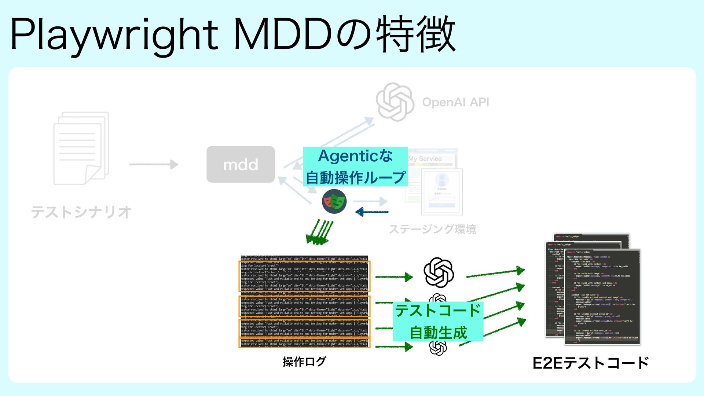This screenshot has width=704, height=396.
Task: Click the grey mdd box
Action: click(x=241, y=165)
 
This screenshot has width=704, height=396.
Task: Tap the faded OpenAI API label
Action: click(x=455, y=102)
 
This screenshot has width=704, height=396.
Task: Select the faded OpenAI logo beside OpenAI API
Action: click(x=395, y=102)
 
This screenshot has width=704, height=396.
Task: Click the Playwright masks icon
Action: click(x=334, y=201)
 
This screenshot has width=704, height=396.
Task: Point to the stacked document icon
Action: click(x=81, y=148)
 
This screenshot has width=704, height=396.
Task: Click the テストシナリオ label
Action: click(x=81, y=212)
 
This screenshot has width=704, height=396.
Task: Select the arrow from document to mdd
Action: click(x=154, y=164)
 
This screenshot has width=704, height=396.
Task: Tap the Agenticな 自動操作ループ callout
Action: click(x=355, y=166)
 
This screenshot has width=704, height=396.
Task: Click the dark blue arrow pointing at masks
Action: click(x=372, y=212)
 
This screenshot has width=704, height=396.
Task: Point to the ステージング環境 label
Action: click(x=432, y=230)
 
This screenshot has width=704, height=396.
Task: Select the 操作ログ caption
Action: click(x=304, y=362)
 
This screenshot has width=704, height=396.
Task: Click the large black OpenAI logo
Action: click(x=439, y=273)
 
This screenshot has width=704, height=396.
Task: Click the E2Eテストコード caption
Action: click(x=590, y=363)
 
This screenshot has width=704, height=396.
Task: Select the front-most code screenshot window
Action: click(x=602, y=297)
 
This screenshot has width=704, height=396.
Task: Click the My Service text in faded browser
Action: click(x=425, y=159)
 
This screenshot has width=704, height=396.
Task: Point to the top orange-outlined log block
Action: click(x=304, y=276)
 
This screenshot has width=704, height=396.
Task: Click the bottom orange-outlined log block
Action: click(x=304, y=342)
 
